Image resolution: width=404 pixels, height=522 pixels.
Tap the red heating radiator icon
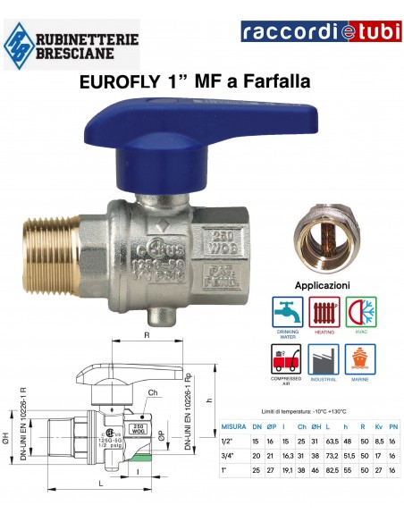pos(323,313)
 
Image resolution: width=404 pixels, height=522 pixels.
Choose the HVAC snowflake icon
pos(361,313)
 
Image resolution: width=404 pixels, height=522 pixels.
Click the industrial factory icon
pos(323,359)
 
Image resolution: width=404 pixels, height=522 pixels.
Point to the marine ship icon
pos(361,359)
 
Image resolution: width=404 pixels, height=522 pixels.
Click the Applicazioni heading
pos(322,286)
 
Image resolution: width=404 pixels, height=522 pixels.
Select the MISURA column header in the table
pos(234,428)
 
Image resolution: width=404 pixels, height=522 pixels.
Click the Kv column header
pos(379,428)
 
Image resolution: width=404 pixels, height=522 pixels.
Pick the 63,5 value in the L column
pos(330,442)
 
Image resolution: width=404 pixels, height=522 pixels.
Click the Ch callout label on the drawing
pos(154,391)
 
